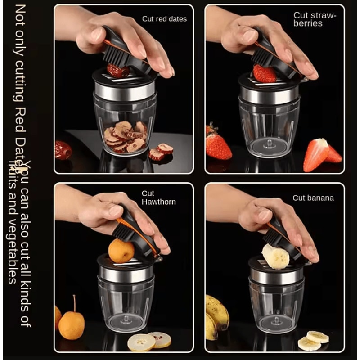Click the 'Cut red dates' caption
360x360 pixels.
tap(164, 19)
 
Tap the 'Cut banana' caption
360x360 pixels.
tap(313, 198)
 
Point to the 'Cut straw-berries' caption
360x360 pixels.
tap(315, 19)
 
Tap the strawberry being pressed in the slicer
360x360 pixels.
tap(264, 73)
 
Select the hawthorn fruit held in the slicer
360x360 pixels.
tap(121, 250)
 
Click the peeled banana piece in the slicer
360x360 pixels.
tap(275, 256)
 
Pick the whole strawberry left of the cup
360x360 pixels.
tap(218, 145)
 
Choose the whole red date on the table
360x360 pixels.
tap(63, 150)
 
